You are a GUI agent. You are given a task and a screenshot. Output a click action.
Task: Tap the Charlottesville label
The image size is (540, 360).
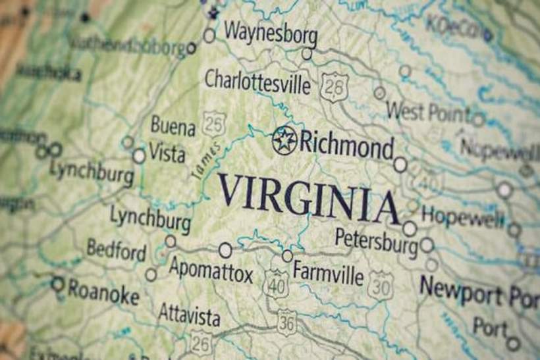[257, 82]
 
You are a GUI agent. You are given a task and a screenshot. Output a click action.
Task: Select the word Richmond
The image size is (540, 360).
[346, 144]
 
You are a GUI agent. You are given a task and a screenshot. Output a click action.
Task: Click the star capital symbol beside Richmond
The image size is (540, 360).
[284, 140]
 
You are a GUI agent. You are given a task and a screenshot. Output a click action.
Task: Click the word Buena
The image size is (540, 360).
[173, 125]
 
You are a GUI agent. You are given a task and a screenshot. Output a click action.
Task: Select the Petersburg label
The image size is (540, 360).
[376, 240]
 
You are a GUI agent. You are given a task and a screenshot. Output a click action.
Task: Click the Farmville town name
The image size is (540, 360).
[328, 271]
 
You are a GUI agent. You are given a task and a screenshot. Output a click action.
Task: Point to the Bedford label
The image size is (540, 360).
[117, 250]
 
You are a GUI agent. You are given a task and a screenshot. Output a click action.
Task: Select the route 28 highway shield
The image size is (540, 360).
[334, 87]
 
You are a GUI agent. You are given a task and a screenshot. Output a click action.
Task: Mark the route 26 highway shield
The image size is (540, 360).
[201, 343]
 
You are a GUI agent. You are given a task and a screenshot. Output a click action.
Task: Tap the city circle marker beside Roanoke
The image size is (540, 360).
[58, 284]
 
